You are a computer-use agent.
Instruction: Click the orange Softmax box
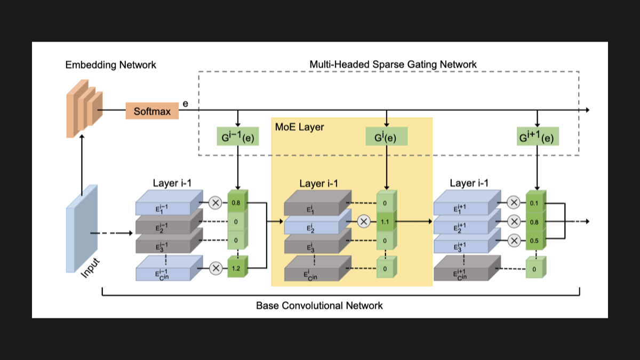152,111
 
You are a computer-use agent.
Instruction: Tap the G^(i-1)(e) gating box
238,137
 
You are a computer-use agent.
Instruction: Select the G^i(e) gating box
387,137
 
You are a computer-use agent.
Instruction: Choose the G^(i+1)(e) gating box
538,137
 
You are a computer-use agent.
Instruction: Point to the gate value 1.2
236,269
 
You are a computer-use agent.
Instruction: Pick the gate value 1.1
385,222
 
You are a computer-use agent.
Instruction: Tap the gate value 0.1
534,203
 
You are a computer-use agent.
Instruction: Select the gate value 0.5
534,241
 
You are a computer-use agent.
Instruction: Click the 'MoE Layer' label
299,127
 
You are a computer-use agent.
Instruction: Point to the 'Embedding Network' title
110,65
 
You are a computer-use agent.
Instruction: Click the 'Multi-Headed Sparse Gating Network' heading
393,65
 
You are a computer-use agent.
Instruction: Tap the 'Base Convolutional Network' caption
319,306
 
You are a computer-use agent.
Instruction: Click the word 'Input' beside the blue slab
90,268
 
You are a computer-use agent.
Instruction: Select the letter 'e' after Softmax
186,103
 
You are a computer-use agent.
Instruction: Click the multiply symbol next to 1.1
364,221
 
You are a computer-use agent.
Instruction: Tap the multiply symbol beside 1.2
215,268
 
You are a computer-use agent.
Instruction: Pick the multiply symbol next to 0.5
514,241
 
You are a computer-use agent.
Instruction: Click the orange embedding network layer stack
84,109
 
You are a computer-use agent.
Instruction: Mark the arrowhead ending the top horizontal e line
587,110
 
